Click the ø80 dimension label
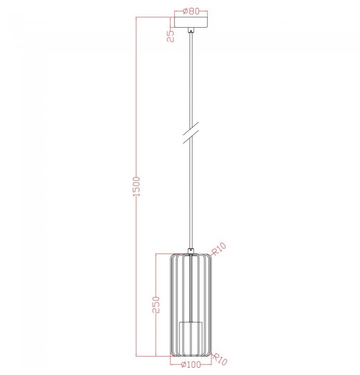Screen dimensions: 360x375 point(191,11)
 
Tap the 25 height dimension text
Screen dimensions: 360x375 point(171,37)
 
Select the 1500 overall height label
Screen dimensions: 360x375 point(136,187)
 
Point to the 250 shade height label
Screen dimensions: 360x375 point(156,305)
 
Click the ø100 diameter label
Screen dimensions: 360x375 point(191,364)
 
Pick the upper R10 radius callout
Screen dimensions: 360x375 point(219,249)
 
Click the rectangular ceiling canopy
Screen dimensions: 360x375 point(191,23)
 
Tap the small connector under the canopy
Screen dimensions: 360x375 point(191,30)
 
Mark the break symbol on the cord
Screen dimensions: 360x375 point(191,132)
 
